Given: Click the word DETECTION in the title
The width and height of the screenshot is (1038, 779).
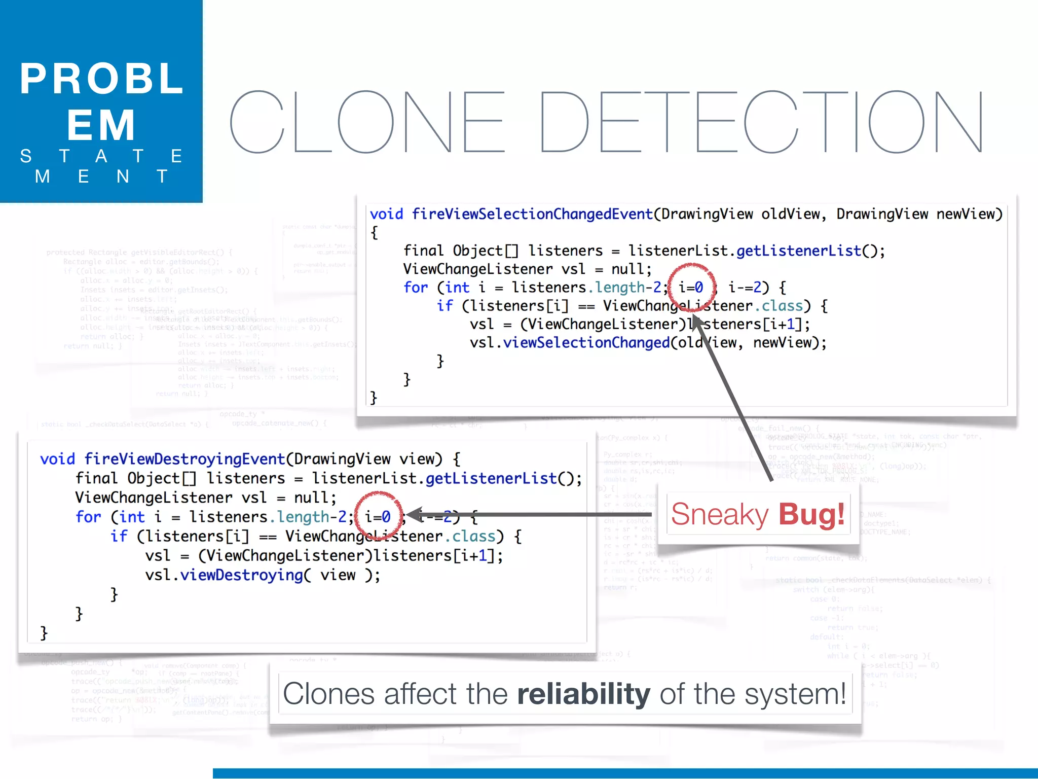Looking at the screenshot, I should click(x=760, y=122).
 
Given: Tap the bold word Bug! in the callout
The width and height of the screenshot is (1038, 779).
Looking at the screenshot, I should click(x=811, y=514).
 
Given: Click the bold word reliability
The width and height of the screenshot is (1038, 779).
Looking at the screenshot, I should click(x=583, y=694).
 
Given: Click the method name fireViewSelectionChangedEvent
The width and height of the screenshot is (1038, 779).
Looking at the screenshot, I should click(x=532, y=214).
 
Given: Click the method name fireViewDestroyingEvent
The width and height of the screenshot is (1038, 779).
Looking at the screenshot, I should click(x=184, y=459).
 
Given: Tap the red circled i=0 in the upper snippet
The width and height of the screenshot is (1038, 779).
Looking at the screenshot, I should click(x=691, y=288).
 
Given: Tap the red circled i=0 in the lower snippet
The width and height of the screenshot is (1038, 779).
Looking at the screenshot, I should click(x=378, y=517).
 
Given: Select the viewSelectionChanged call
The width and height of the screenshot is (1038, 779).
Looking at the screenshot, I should click(x=586, y=343).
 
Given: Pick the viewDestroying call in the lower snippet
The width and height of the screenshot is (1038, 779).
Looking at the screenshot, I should click(x=242, y=575).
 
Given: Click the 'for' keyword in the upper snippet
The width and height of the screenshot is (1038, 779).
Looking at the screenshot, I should click(x=416, y=288).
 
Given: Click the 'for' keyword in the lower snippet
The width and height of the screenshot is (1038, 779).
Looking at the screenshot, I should click(x=88, y=517).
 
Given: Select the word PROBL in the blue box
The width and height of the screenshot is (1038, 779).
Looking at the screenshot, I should click(x=101, y=79).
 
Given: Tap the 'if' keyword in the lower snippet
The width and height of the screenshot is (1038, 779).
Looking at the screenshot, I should click(x=119, y=536).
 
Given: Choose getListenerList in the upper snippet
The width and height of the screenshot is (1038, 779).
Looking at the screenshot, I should click(x=798, y=251).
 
